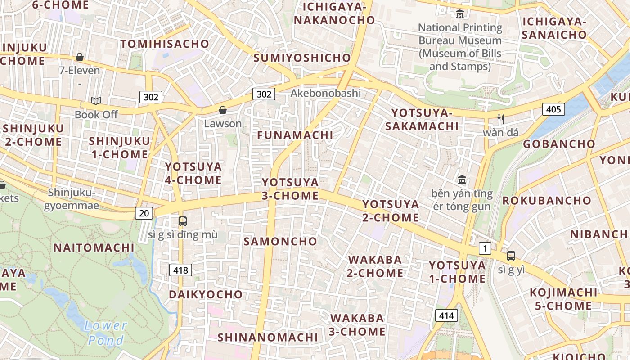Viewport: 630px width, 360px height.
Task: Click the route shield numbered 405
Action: click(553, 109)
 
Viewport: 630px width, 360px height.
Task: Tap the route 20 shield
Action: click(144, 213)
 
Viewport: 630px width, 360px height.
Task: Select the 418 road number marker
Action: click(181, 270)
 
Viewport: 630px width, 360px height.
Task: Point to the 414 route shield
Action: click(446, 315)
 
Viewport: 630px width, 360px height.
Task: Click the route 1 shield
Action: click(485, 248)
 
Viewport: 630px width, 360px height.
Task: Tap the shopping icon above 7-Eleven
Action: click(80, 57)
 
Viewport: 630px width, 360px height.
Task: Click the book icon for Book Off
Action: click(95, 101)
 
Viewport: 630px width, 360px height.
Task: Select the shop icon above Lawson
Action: click(222, 110)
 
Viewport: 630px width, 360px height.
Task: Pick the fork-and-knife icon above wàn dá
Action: click(500, 119)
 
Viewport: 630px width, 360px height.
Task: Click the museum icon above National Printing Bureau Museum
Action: click(459, 14)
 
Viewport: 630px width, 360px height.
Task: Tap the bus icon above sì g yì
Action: click(511, 256)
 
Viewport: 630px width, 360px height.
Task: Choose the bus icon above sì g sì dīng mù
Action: click(182, 221)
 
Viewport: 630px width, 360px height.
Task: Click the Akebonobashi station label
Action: click(326, 93)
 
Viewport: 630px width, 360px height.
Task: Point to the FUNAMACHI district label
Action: click(295, 135)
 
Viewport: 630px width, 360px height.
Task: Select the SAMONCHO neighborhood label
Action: click(280, 241)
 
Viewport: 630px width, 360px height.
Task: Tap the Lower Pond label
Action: click(106, 333)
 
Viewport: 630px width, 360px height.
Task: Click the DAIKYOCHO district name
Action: click(206, 294)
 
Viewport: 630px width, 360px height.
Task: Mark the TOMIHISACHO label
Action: click(165, 44)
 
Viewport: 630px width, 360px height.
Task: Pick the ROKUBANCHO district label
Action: click(547, 200)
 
